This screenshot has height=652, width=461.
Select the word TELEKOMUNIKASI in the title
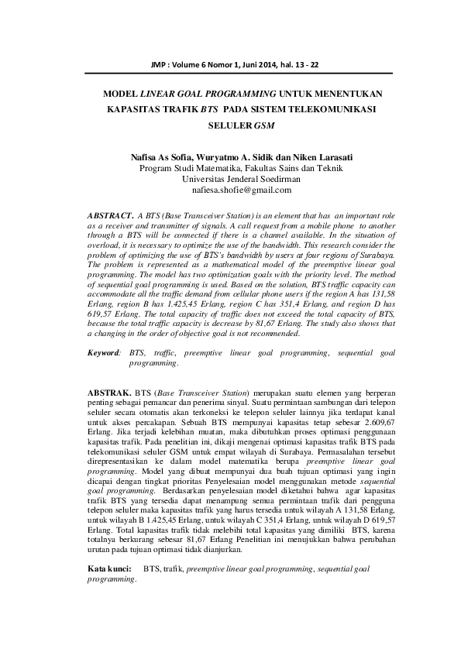pyautogui.click(x=329, y=109)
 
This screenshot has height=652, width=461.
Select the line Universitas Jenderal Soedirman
pyautogui.click(x=229, y=178)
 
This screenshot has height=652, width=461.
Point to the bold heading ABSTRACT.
pyautogui.click(x=110, y=211)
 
